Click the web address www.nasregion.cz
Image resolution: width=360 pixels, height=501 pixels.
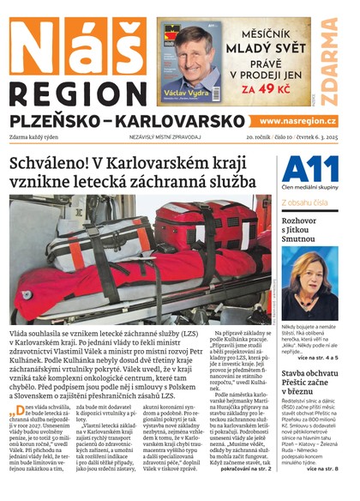point(297,122)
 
